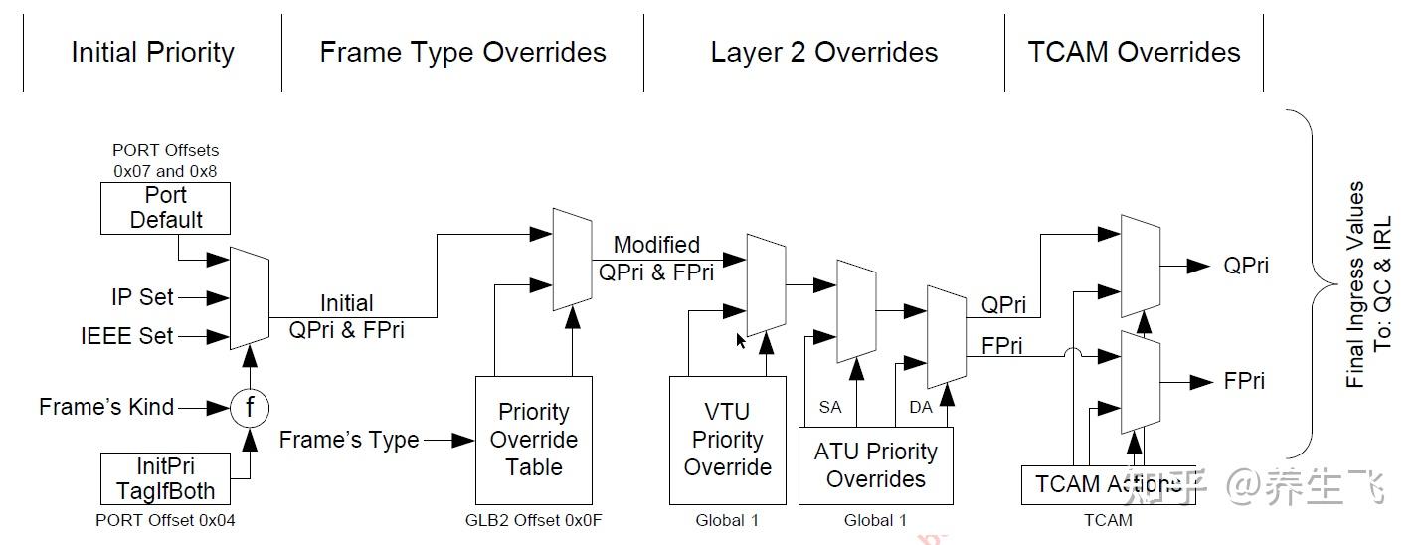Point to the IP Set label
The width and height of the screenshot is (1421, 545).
coord(142,297)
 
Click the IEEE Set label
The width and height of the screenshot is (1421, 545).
coord(127,335)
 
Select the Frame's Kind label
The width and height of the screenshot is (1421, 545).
coord(106,407)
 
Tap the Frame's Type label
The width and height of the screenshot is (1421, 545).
coord(349,440)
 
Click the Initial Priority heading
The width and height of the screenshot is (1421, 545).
coord(153,52)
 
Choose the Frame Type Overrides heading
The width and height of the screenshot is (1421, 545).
coord(463,52)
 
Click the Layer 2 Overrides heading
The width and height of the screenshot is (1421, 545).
coord(824,52)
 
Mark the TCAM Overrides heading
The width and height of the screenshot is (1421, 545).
coord(1135,52)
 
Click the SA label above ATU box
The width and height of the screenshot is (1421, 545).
coord(829,407)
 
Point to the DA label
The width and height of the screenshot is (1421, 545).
coord(921,407)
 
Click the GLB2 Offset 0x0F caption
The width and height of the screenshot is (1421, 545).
coord(534,520)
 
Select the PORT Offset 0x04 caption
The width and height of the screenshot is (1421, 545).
coord(165,520)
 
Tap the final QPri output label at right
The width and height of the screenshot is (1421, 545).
coord(1246,266)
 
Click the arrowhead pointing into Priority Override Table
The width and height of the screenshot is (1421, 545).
coord(463,440)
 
